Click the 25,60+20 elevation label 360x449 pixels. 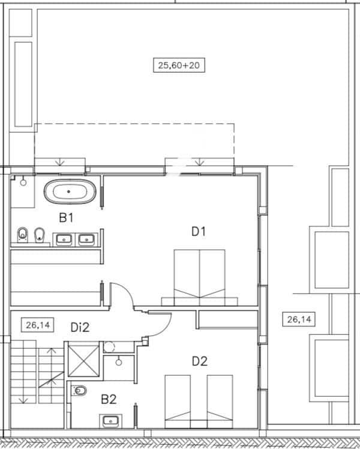pyautogui.click(x=179, y=65)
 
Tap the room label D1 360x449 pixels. pyautogui.click(x=199, y=231)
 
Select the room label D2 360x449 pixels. pyautogui.click(x=199, y=361)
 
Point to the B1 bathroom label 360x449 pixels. pyautogui.click(x=65, y=218)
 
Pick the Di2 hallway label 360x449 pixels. pyautogui.click(x=80, y=327)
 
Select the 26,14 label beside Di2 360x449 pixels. pyautogui.click(x=37, y=326)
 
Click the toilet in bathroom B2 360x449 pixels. pyautogui.click(x=79, y=391)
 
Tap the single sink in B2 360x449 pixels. pyautogui.click(x=110, y=420)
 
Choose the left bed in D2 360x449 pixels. pyautogui.click(x=178, y=397)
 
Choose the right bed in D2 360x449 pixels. pyautogui.click(x=220, y=397)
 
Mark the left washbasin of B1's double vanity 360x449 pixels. pyautogui.click(x=65, y=240)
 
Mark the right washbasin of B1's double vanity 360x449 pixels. pyautogui.click(x=86, y=240)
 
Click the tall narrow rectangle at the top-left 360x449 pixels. pyautogui.click(x=23, y=84)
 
